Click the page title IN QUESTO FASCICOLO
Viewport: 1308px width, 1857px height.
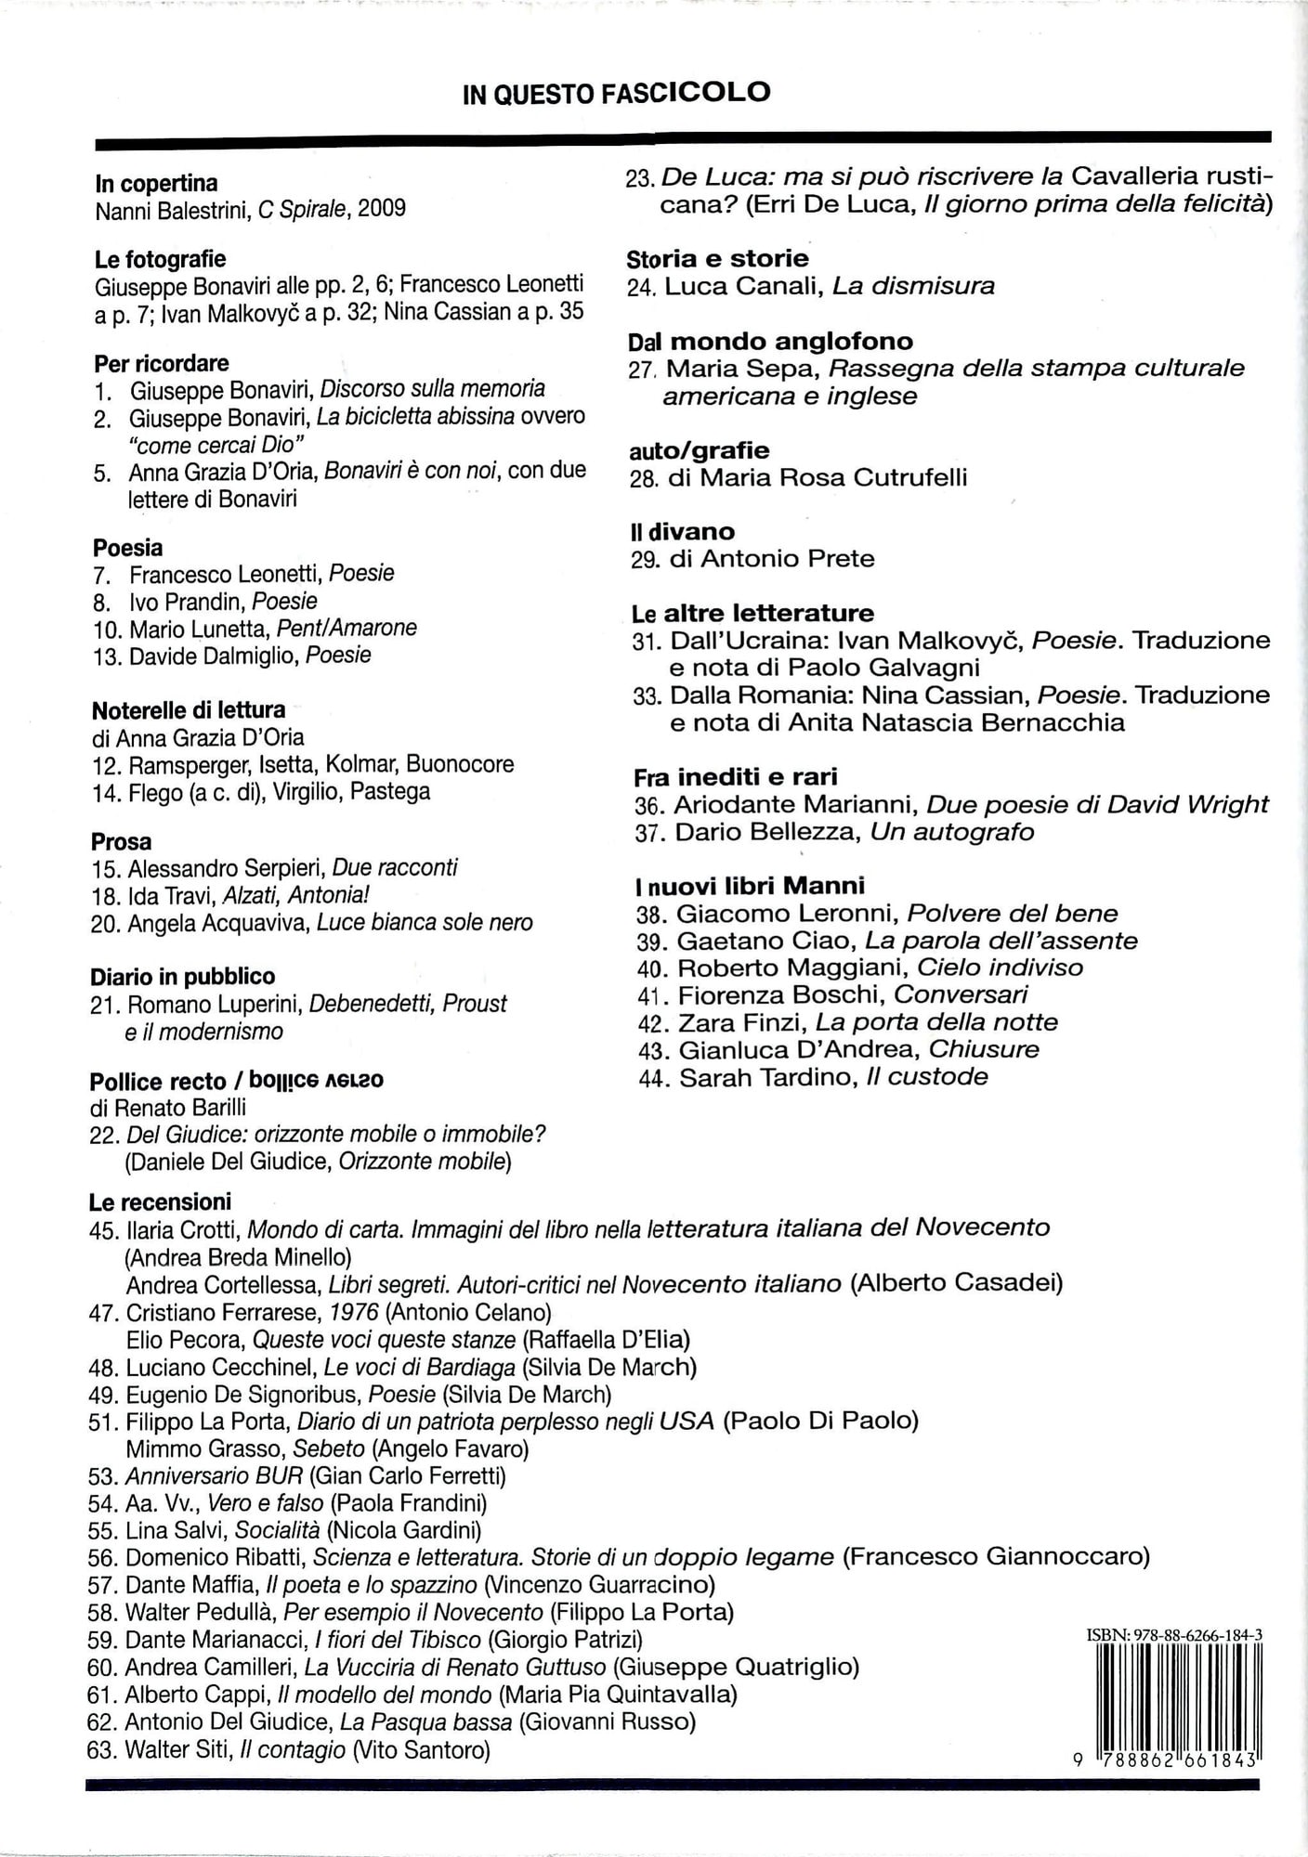(616, 93)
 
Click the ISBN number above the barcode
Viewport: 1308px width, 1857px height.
(1174, 1635)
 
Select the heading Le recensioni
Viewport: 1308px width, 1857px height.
(160, 1201)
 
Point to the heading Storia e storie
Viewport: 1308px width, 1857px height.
(717, 258)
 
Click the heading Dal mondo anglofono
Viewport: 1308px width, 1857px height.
(770, 341)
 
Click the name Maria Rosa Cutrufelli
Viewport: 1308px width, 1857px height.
(833, 477)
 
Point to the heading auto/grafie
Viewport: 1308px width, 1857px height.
(699, 450)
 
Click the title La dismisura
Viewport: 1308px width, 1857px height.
(913, 286)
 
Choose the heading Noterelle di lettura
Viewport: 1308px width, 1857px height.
(189, 710)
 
